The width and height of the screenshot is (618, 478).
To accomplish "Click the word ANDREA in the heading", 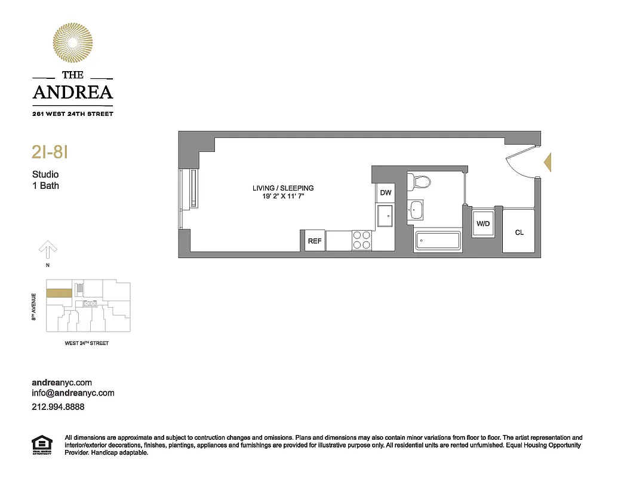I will pos(72,93).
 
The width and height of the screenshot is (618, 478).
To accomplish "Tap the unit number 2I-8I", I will pos(49,152).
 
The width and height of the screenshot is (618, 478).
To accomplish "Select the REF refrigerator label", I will pos(314,241).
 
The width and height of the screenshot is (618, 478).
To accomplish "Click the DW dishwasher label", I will pos(385,192).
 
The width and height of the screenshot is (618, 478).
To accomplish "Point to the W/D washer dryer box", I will pos(482,224).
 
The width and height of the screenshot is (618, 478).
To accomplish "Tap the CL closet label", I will pos(519,232).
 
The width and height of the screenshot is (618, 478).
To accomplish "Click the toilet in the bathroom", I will pos(422,181).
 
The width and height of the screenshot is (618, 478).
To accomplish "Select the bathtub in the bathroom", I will pos(438,241).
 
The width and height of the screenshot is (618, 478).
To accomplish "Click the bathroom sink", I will pos(416,209).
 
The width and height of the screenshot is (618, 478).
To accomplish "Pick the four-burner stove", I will pos(361,240).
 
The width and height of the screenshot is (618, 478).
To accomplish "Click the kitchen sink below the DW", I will pos(385,216).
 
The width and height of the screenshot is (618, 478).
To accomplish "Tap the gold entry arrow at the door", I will pos(548,162).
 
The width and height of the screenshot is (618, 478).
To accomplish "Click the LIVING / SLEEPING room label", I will pos(282,188).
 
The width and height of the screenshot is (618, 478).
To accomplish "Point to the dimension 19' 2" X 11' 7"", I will pos(282,196).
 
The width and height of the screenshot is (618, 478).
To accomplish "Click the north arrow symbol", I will pos(47,248).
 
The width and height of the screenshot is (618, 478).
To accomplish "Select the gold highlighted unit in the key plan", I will pos(59,293).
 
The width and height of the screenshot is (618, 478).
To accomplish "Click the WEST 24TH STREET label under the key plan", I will pos(87,344).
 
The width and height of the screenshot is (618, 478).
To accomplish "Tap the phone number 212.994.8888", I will pos(58,406).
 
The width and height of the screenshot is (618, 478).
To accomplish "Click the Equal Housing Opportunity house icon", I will pos(41,445).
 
